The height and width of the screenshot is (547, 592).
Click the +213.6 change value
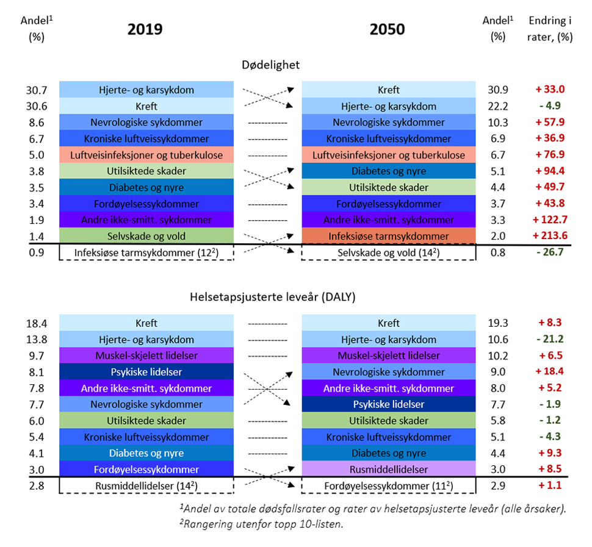(550, 236)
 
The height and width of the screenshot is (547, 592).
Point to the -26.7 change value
(550, 252)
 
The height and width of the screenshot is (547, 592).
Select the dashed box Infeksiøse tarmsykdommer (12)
(146, 252)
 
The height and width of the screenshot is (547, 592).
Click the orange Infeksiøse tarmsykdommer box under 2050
(389, 236)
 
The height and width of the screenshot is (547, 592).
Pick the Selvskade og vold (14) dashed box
(389, 252)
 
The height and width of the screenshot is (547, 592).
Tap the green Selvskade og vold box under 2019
(146, 236)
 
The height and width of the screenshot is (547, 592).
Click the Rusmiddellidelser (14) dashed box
(146, 485)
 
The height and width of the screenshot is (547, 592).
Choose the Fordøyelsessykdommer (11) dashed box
(389, 485)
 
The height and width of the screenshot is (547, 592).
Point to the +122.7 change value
(550, 220)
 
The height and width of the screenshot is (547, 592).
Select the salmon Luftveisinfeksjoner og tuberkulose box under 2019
(146, 155)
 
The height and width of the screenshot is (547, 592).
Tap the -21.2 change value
(550, 340)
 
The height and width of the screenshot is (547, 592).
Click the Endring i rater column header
(550, 29)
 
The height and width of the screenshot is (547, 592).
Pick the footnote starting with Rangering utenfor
(258, 524)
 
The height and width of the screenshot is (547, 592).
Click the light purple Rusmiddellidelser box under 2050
(389, 469)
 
